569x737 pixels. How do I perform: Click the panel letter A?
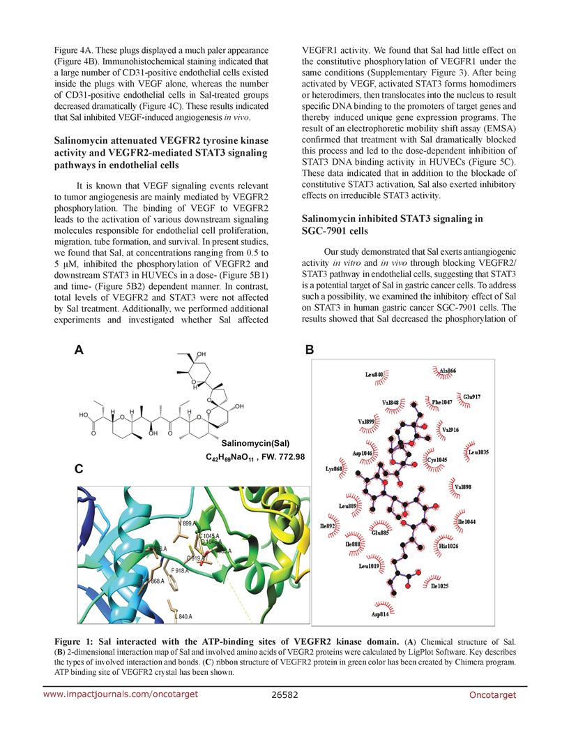[79, 352]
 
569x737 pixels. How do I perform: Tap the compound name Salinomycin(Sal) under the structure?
[255, 443]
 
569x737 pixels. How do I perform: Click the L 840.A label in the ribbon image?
[184, 616]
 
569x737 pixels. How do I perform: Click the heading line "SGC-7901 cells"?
[337, 231]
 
